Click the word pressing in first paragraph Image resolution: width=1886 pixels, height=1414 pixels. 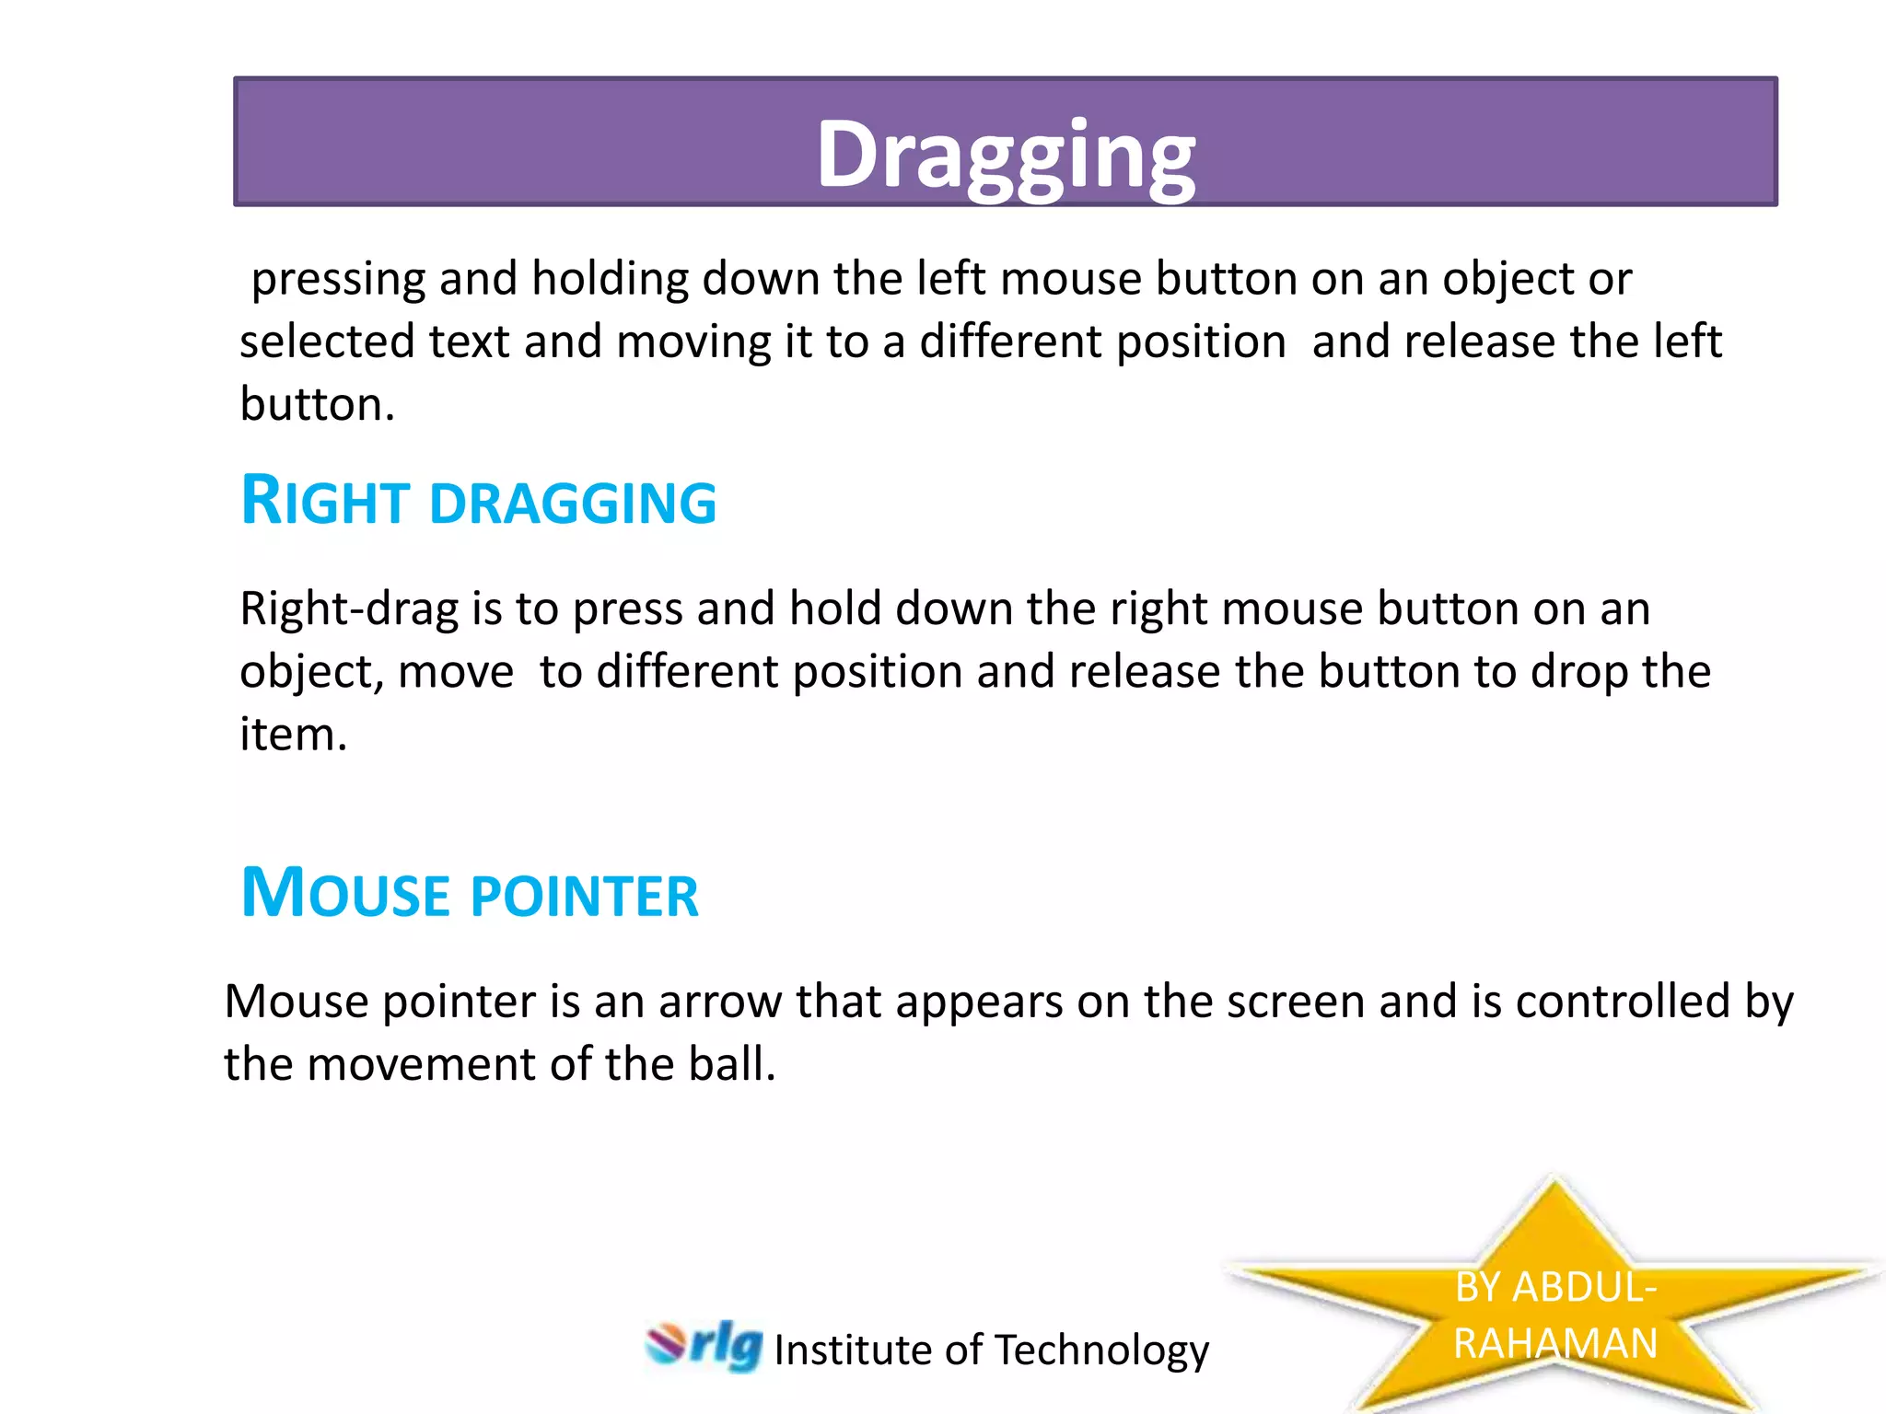pyautogui.click(x=338, y=280)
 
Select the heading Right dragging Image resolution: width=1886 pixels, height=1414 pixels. pyautogui.click(x=478, y=502)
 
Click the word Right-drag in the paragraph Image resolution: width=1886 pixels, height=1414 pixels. pyautogui.click(x=349, y=609)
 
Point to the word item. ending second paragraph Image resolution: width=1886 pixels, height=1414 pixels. pyautogui.click(x=293, y=735)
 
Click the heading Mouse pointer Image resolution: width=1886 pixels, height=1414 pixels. pyautogui.click(x=470, y=894)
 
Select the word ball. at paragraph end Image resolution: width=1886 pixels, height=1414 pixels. pyautogui.click(x=732, y=1064)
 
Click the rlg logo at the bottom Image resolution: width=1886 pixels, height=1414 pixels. pyautogui.click(x=705, y=1346)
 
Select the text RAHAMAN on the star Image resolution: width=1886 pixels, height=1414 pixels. pyautogui.click(x=1555, y=1343)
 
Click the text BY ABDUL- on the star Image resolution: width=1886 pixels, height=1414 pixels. pyautogui.click(x=1555, y=1287)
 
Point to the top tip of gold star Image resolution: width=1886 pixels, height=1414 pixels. pyautogui.click(x=1555, y=1181)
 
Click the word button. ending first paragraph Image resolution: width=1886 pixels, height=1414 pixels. pyautogui.click(x=317, y=405)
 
